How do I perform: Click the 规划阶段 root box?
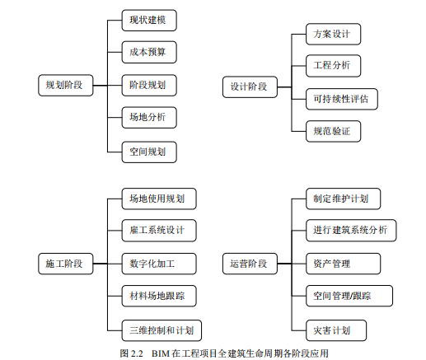tap(66, 85)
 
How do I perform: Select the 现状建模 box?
tap(149, 21)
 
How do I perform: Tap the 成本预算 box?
tap(149, 52)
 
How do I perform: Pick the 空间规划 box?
tap(149, 152)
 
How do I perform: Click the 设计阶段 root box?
tap(250, 87)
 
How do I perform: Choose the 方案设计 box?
tap(333, 34)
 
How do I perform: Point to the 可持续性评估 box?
tap(342, 99)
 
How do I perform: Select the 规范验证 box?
tap(333, 131)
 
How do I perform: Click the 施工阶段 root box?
tap(66, 264)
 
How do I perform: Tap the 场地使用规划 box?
tap(159, 199)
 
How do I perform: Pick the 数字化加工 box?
tap(159, 264)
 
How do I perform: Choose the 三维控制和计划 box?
tap(162, 330)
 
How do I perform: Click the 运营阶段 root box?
tap(250, 264)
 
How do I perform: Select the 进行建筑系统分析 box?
tap(351, 231)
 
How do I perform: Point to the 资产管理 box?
tap(343, 264)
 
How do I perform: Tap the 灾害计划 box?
tap(336, 330)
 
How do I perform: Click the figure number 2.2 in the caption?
tap(137, 353)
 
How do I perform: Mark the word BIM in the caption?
tap(161, 353)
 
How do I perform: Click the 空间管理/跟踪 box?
tap(349, 296)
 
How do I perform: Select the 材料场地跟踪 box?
tap(159, 296)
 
